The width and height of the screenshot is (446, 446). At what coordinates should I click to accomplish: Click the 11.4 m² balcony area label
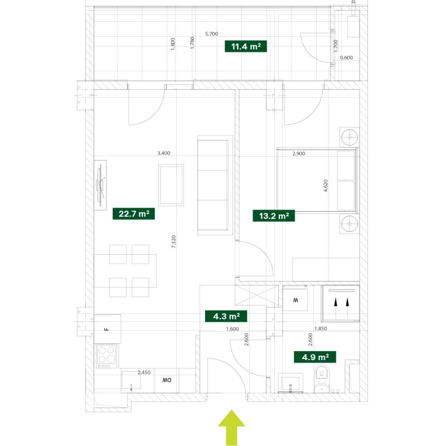tap(246, 46)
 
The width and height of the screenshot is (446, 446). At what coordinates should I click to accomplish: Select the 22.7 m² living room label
tap(134, 214)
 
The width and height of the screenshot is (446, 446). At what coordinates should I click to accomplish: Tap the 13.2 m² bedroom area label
tap(274, 216)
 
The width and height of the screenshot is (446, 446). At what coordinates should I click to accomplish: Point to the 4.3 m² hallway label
tap(226, 316)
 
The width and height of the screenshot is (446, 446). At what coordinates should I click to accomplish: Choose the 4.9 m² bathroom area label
tap(315, 357)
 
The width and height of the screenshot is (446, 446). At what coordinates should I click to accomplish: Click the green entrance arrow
tap(231, 428)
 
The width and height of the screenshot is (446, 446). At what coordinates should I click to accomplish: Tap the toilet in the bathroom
tap(322, 379)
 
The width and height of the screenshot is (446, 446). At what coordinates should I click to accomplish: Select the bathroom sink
tap(290, 383)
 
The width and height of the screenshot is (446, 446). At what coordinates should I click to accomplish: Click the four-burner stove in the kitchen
tap(106, 356)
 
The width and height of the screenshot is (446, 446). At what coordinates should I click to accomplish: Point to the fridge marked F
tap(108, 329)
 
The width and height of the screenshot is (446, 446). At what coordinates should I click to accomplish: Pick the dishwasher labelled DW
tap(166, 380)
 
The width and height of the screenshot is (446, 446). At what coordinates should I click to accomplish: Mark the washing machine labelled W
tap(295, 299)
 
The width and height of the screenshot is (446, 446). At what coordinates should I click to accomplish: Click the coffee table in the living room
tap(171, 185)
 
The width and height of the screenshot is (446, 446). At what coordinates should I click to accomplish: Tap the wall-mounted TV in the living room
tap(100, 185)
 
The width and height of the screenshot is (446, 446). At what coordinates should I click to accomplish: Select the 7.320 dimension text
tap(173, 241)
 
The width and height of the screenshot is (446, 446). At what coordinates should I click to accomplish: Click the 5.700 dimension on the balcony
tap(212, 34)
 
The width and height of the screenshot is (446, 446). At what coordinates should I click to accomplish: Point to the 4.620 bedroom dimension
tap(326, 186)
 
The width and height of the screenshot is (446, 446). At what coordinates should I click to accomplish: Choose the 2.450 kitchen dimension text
tap(144, 372)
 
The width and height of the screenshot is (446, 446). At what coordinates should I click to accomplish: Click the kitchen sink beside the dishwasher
tap(131, 380)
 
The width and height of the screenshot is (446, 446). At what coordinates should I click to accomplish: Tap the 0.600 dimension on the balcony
tap(346, 58)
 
